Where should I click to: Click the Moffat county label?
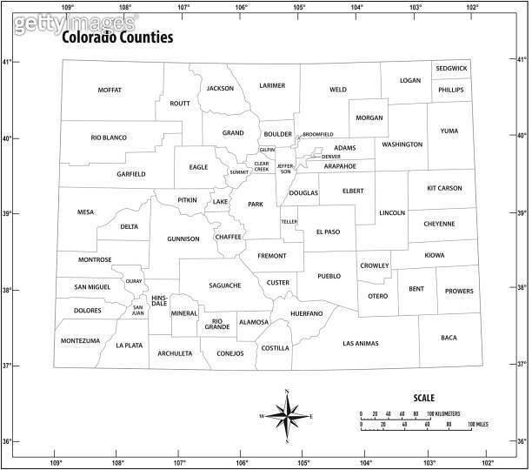[x=110, y=90]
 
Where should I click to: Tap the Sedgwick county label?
[x=451, y=68]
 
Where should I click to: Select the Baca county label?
[x=449, y=337]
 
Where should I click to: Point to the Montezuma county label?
[x=81, y=340]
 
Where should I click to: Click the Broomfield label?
[x=317, y=134]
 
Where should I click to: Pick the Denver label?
[x=331, y=157]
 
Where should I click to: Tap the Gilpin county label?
[x=267, y=150]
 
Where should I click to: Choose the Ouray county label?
[x=133, y=281]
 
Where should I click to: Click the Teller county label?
[x=289, y=221]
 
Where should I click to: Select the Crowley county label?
[x=375, y=265]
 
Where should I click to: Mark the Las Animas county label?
[x=361, y=343]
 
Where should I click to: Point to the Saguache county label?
[x=224, y=285]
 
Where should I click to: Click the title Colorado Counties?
[x=116, y=38]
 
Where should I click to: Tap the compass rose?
[x=287, y=416]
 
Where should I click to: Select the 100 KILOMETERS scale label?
[x=451, y=413]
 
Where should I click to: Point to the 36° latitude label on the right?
[x=522, y=441]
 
